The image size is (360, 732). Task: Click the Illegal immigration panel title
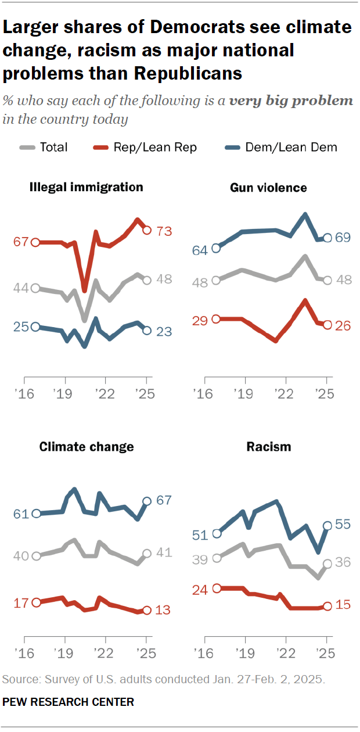pyautogui.click(x=87, y=187)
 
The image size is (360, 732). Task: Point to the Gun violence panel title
pyautogui.click(x=268, y=187)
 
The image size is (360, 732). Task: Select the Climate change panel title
pyautogui.click(x=87, y=446)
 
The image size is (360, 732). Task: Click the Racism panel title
pyautogui.click(x=268, y=446)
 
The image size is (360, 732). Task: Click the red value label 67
pyautogui.click(x=21, y=242)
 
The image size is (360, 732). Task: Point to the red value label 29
pyautogui.click(x=200, y=320)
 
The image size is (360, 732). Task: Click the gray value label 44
pyautogui.click(x=21, y=288)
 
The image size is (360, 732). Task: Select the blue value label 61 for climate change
pyautogui.click(x=21, y=514)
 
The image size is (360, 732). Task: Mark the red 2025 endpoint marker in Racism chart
pyautogui.click(x=327, y=606)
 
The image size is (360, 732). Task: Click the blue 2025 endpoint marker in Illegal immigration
pyautogui.click(x=147, y=331)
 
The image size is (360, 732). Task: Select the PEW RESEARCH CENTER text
pyautogui.click(x=69, y=702)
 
